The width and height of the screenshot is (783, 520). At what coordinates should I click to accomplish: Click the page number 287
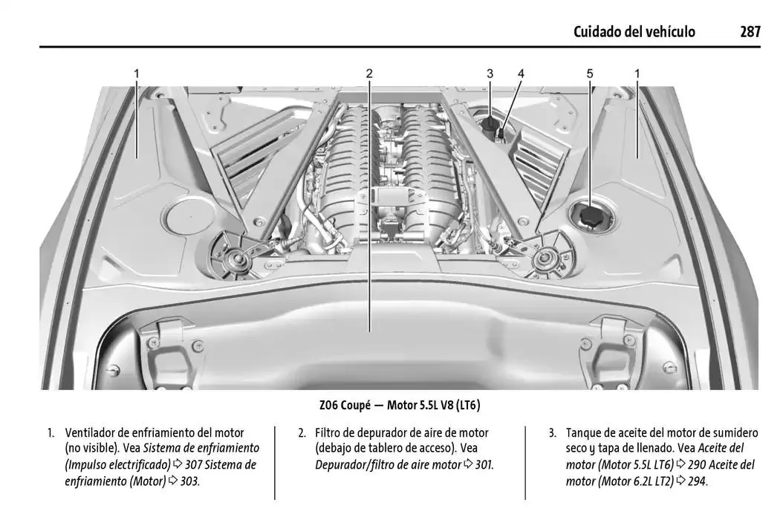pos(750,31)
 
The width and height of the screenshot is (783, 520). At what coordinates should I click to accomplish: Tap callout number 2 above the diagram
pos(369,74)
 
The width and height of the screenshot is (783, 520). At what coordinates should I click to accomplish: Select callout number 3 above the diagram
pos(490,74)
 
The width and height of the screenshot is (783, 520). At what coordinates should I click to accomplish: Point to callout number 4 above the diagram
pos(521,74)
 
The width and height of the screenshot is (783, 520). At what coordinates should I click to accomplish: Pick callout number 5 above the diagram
pos(590,74)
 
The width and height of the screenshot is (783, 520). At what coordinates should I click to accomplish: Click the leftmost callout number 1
pos(137,74)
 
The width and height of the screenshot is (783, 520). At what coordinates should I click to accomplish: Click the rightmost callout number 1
pos(637,74)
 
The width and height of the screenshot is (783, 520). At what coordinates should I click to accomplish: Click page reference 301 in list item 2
pos(483,465)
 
